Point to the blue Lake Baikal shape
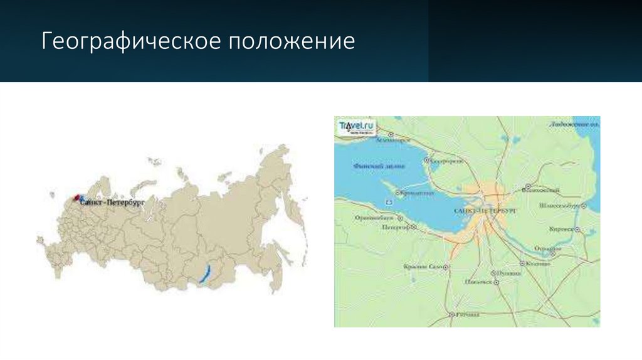coord(204,274)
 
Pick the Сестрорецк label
coord(446,161)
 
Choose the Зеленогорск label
coord(393,141)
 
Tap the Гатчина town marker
coord(451,314)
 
